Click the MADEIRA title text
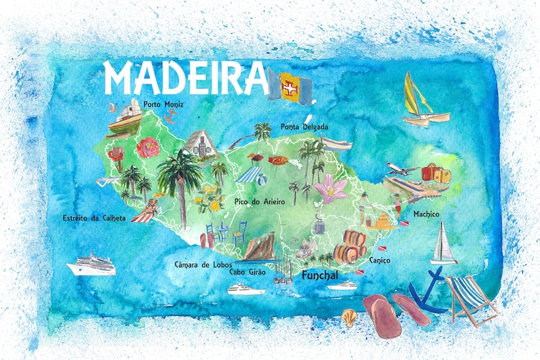pos(183,77)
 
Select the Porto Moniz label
pos(163,104)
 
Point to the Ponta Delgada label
pos(304,127)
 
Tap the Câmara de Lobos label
pos(203,263)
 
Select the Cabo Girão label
pos(247,272)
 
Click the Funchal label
pos(319,276)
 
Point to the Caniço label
pos(379,260)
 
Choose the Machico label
pos(426,214)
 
